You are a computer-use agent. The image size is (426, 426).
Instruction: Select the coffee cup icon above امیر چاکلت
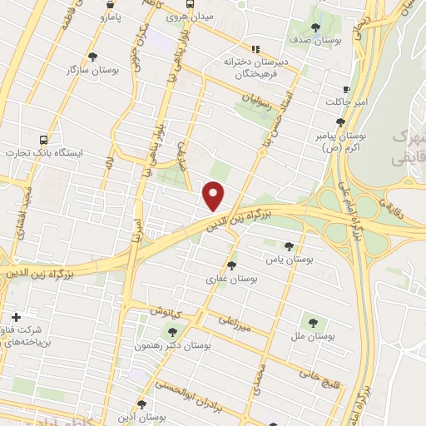pos(345,89)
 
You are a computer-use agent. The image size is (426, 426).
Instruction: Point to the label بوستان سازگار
pos(93,70)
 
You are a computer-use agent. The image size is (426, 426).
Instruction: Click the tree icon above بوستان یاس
pos(289,246)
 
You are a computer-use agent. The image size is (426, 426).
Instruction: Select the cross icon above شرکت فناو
pos(17,317)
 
